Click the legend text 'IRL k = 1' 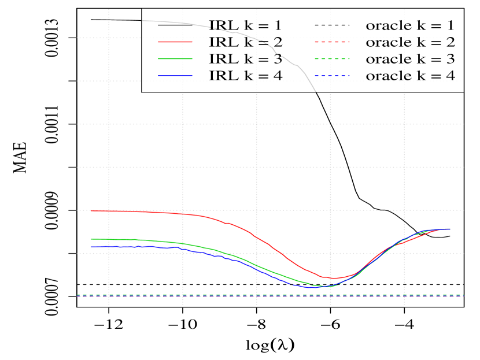pos(245,25)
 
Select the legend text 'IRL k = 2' pos(245,42)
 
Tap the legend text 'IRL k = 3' pos(245,59)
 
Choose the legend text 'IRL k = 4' pos(245,76)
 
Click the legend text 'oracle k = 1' pos(410,25)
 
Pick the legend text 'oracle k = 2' pos(410,42)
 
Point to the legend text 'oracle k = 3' pos(410,59)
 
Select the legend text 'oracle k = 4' pos(410,76)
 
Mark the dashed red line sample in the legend pos(333,42)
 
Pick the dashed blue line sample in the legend pos(333,76)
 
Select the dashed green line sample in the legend pos(333,59)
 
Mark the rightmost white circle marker pos(450,236)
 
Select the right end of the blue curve pos(450,229)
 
